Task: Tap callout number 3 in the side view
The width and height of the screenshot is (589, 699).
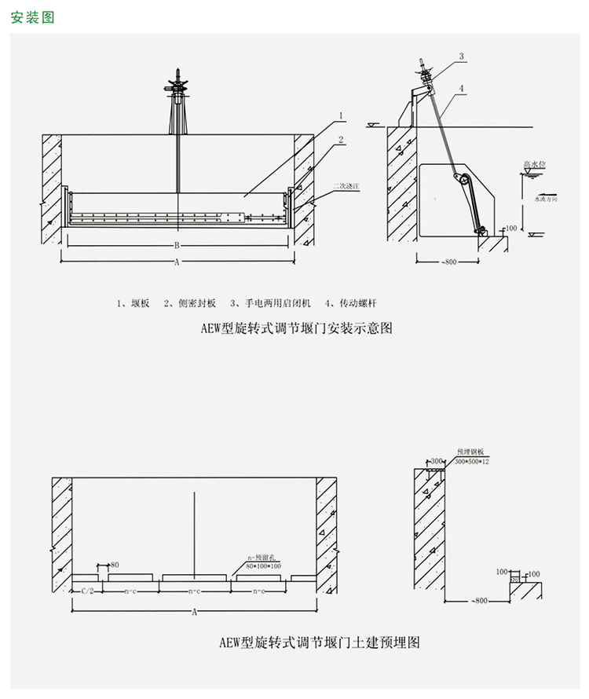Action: pos(462,56)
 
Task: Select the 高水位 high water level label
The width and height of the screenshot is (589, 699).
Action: pos(535,165)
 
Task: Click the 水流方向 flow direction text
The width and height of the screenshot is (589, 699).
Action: pos(547,199)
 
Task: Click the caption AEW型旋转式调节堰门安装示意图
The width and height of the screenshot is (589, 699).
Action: pos(296,329)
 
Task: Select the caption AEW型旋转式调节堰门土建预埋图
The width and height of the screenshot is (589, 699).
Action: pos(320,642)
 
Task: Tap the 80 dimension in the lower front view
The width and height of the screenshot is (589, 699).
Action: pos(114,565)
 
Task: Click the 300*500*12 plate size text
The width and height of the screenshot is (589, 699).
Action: pos(472,463)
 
